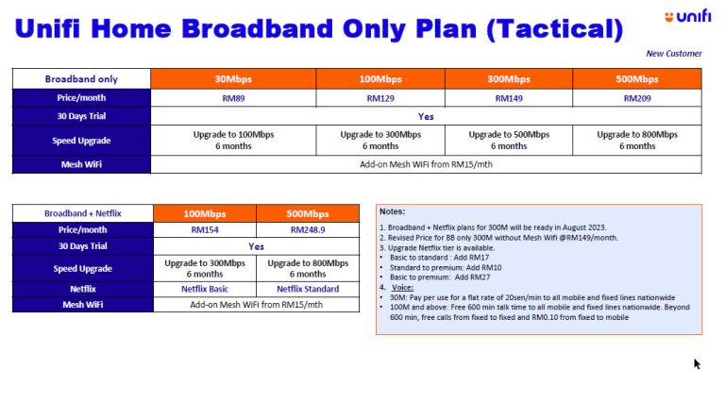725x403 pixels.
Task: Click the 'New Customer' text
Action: pyautogui.click(x=673, y=54)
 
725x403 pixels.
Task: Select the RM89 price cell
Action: pyautogui.click(x=214, y=97)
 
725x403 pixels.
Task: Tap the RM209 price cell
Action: pyautogui.click(x=636, y=97)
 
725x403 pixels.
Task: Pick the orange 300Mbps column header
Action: pyautogui.click(x=509, y=79)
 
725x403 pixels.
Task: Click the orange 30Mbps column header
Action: pyautogui.click(x=214, y=79)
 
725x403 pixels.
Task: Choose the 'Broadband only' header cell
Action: pyautogui.click(x=81, y=79)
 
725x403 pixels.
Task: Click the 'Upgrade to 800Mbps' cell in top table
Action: pyautogui.click(x=636, y=140)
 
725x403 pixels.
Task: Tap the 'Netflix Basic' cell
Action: pyautogui.click(x=205, y=289)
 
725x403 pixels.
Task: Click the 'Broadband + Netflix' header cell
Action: pyautogui.click(x=83, y=213)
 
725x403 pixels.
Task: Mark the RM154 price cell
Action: pyautogui.click(x=205, y=230)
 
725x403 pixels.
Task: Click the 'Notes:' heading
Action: pyautogui.click(x=393, y=211)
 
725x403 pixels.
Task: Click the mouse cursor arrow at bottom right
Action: pyautogui.click(x=697, y=363)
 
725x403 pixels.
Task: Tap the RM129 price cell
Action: pyautogui.click(x=380, y=97)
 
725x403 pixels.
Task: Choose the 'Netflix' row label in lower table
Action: pyautogui.click(x=83, y=289)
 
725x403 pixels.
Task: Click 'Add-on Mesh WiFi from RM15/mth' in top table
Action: pyautogui.click(x=426, y=164)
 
